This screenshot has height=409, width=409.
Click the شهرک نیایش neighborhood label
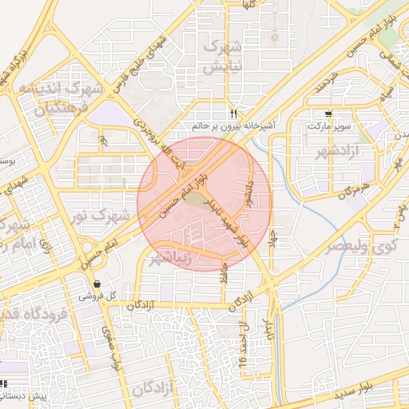[x=221, y=58]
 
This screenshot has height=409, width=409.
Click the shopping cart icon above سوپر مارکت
[x=328, y=114]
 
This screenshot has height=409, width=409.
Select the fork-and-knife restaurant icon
[x=233, y=113]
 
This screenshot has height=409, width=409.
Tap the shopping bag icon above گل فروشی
[x=97, y=284]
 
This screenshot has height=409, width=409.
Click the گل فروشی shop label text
[x=97, y=296]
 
